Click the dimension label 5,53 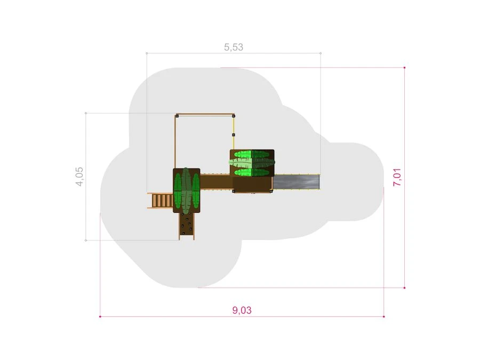click(x=234, y=47)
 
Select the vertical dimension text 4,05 click(x=79, y=177)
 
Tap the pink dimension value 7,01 click(x=397, y=177)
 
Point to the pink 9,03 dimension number click(x=242, y=310)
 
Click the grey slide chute click(x=297, y=182)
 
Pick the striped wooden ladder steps click(x=161, y=201)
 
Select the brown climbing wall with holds click(x=187, y=226)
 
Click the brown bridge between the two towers click(x=216, y=181)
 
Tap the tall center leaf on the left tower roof click(x=186, y=190)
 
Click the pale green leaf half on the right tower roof click(x=241, y=163)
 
